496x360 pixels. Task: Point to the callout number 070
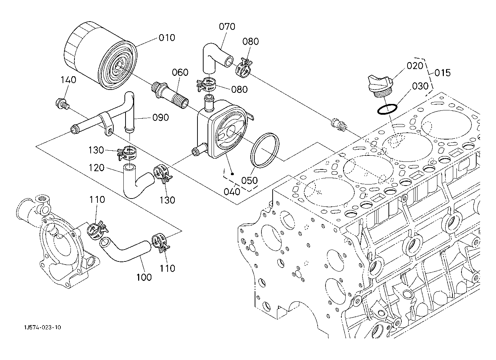pyautogui.click(x=227, y=27)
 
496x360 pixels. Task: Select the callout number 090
pyautogui.click(x=160, y=118)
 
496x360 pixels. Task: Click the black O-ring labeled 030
pyautogui.click(x=387, y=109)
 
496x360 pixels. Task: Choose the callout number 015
pyautogui.click(x=442, y=73)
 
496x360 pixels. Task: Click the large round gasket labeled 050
pyautogui.click(x=265, y=151)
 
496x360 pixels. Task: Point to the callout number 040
pyautogui.click(x=232, y=192)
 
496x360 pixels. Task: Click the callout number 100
pyautogui.click(x=144, y=277)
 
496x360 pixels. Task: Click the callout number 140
pyautogui.click(x=68, y=80)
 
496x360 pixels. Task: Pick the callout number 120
pyautogui.click(x=96, y=168)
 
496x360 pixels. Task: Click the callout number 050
pyautogui.click(x=250, y=180)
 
